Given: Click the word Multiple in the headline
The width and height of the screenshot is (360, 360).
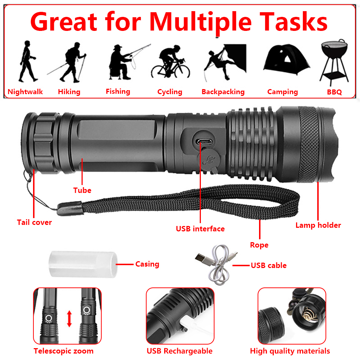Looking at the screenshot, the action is (200, 22).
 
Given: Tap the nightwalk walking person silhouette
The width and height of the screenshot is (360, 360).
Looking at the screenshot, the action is (28, 61).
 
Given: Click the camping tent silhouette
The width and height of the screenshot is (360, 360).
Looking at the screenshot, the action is (287, 60).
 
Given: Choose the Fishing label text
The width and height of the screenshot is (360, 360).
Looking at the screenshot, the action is (118, 92).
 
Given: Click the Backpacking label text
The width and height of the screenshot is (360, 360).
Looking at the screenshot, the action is (223, 92).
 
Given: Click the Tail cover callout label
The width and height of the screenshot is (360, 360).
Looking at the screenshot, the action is (34, 222).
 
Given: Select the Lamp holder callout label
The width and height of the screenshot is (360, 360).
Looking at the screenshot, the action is (318, 225).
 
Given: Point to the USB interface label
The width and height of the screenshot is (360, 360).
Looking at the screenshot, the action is (200, 229).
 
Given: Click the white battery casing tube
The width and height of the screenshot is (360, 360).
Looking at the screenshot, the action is (83, 264).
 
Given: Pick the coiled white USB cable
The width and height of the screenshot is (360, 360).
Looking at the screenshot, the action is (217, 264).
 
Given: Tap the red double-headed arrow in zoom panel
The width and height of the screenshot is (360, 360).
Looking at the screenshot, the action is (69, 319).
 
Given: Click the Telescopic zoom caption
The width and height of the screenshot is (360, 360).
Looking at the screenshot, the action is (64, 351).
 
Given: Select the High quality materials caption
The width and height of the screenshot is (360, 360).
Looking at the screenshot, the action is (290, 351).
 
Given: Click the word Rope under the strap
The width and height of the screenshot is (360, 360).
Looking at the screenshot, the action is (259, 245).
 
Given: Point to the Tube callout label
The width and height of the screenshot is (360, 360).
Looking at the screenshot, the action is (82, 190).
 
